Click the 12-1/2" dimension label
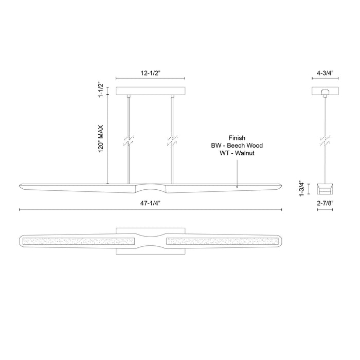pyautogui.click(x=150, y=74)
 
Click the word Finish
pyautogui.click(x=237, y=138)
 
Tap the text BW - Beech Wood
pyautogui.click(x=237, y=146)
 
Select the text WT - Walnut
pyautogui.click(x=237, y=153)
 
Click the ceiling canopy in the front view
pyautogui.click(x=150, y=92)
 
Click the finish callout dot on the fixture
pyautogui.click(x=237, y=187)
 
